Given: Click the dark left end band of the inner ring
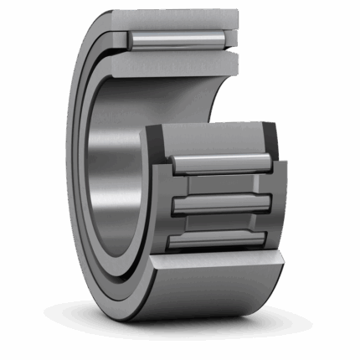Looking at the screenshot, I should point(154,134).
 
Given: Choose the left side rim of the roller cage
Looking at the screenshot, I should point(163,205).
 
